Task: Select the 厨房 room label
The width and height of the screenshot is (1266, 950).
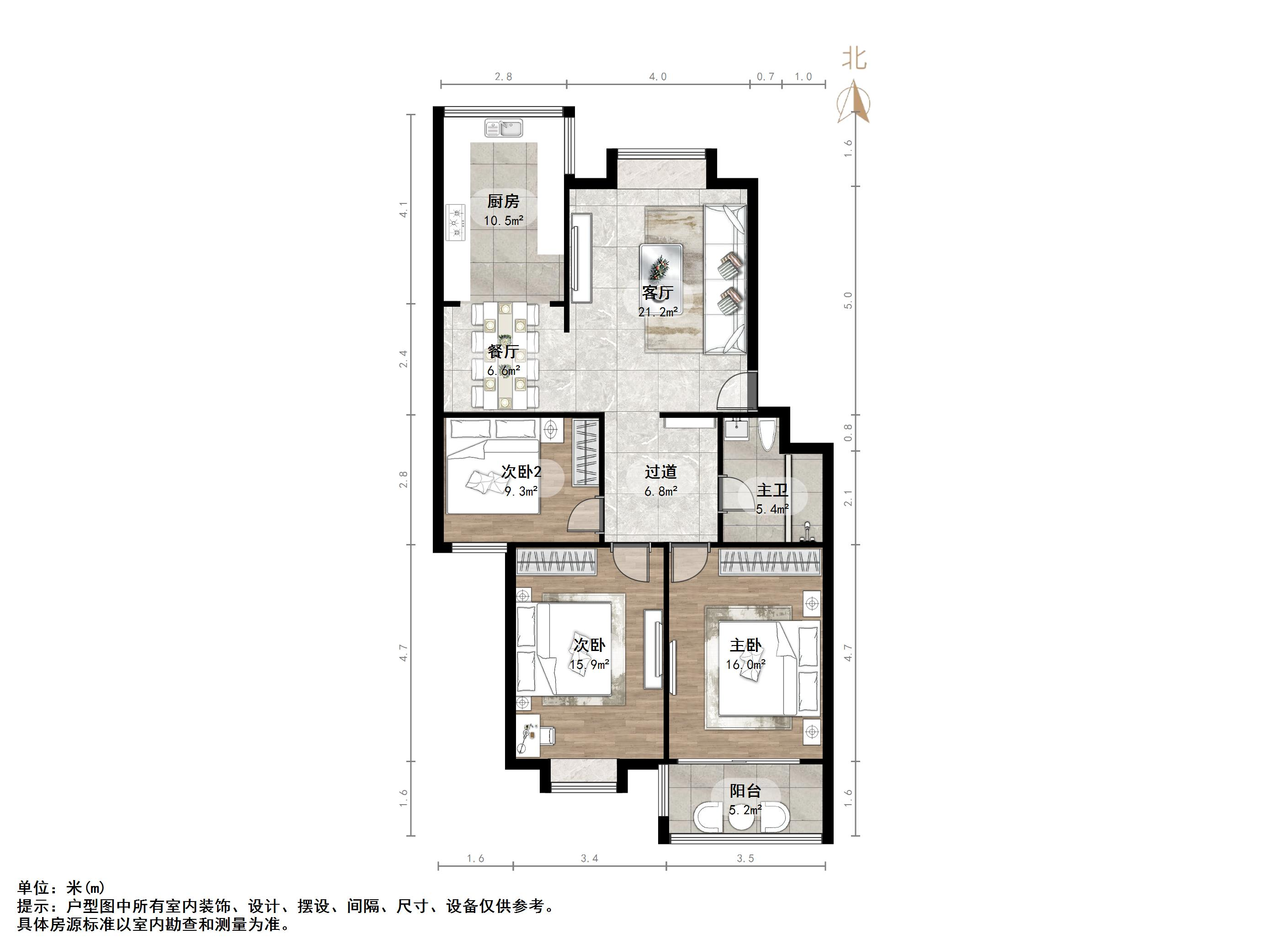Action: click(x=503, y=202)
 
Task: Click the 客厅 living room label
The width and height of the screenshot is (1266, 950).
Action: click(x=658, y=293)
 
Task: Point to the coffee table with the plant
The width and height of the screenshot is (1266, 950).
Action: click(x=660, y=270)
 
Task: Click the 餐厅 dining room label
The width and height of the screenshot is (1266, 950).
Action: click(x=503, y=352)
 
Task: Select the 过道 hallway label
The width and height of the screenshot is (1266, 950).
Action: click(x=660, y=472)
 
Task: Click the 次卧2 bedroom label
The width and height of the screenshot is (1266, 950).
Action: click(x=521, y=472)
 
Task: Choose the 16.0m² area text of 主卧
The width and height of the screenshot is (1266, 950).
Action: click(x=745, y=665)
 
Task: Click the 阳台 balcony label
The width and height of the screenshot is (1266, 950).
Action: click(x=745, y=791)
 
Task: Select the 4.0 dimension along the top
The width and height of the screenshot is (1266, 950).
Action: click(x=658, y=77)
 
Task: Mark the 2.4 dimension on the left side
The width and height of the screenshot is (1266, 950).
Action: click(x=404, y=359)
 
